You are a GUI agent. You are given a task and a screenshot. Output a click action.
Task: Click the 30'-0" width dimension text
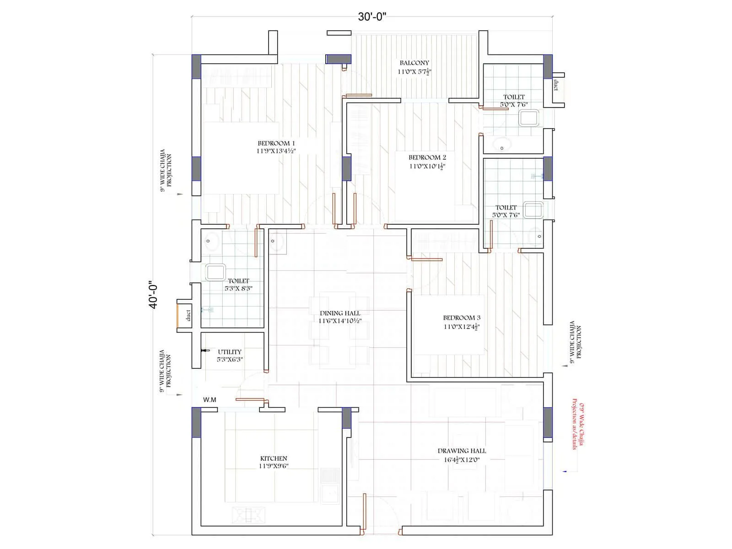pyautogui.click(x=372, y=17)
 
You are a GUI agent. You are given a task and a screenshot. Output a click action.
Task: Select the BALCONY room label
pyautogui.click(x=414, y=63)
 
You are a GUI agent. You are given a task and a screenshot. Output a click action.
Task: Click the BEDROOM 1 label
pyautogui.click(x=276, y=143)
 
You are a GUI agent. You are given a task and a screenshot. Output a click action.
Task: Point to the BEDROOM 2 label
pyautogui.click(x=427, y=157)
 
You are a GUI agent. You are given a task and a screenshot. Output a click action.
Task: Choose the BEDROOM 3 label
pyautogui.click(x=461, y=318)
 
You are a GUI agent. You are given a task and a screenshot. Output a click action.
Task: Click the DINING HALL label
pyautogui.click(x=340, y=313)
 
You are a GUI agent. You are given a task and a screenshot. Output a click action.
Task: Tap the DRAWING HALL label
pyautogui.click(x=462, y=451)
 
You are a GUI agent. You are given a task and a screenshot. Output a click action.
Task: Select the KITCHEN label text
pyautogui.click(x=274, y=458)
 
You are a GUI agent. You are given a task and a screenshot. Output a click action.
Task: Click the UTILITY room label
pyautogui.click(x=230, y=352)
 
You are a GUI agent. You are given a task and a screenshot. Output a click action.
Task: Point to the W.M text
pyautogui.click(x=210, y=400)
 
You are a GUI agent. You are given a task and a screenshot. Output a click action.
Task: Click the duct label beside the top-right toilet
pyautogui.click(x=557, y=85)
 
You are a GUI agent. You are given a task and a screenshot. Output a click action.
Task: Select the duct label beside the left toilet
pyautogui.click(x=188, y=315)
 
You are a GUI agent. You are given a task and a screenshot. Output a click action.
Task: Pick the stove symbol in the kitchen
pyautogui.click(x=248, y=515)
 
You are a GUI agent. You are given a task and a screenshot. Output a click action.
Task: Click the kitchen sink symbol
pyautogui.click(x=329, y=494)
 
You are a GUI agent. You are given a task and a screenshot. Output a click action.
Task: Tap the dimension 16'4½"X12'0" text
pyautogui.click(x=462, y=460)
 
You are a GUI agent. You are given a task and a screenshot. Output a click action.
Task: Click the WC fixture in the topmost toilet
pyautogui.click(x=529, y=118)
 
